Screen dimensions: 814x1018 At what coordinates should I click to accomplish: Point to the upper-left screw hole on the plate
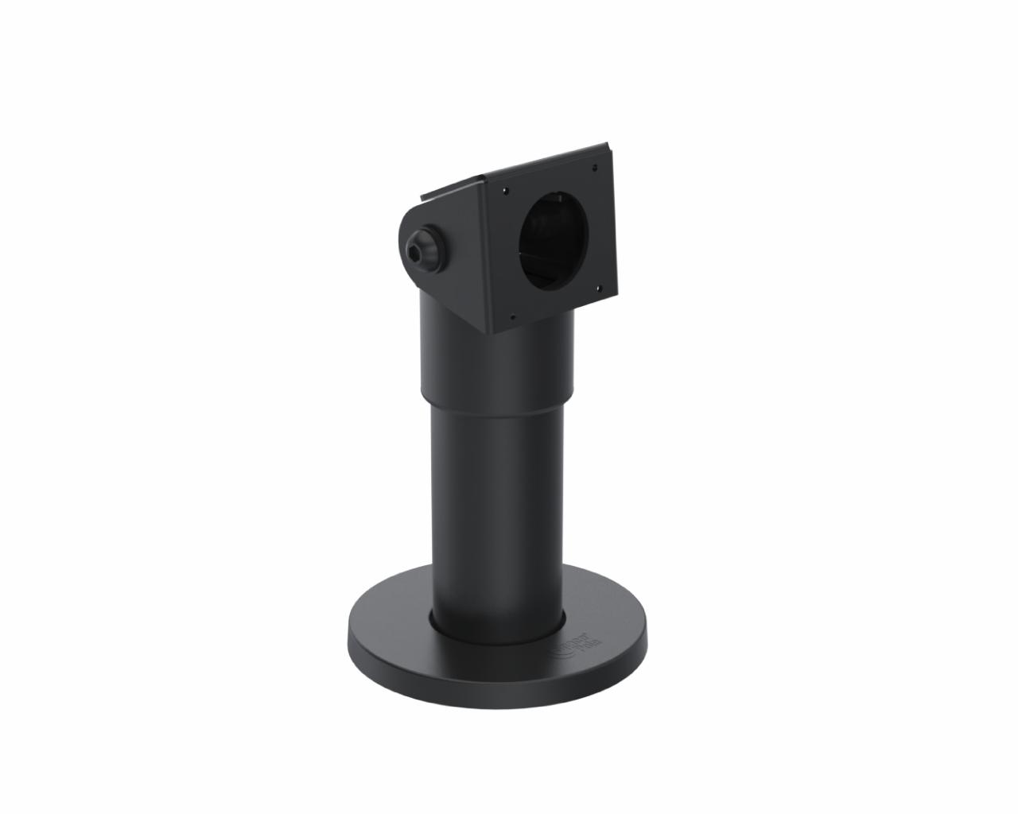click(x=504, y=189)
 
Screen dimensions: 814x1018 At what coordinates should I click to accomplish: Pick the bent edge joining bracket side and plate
click(x=487, y=254)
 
